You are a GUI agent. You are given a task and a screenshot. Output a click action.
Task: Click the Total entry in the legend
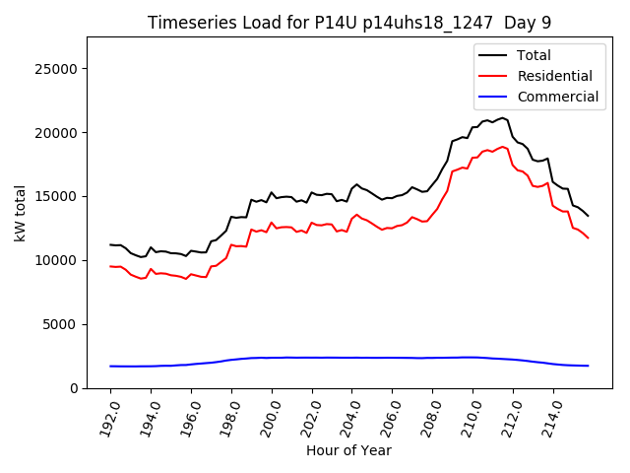(534, 55)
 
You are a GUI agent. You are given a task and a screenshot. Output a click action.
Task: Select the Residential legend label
(555, 76)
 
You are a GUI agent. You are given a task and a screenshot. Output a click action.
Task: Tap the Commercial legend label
(557, 97)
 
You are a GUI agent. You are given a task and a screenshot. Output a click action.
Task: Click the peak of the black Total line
(502, 117)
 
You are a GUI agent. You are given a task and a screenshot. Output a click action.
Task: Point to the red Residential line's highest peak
(502, 147)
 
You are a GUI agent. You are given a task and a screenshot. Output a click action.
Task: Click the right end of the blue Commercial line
(588, 366)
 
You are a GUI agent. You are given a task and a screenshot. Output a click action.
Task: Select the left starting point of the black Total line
(110, 244)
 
